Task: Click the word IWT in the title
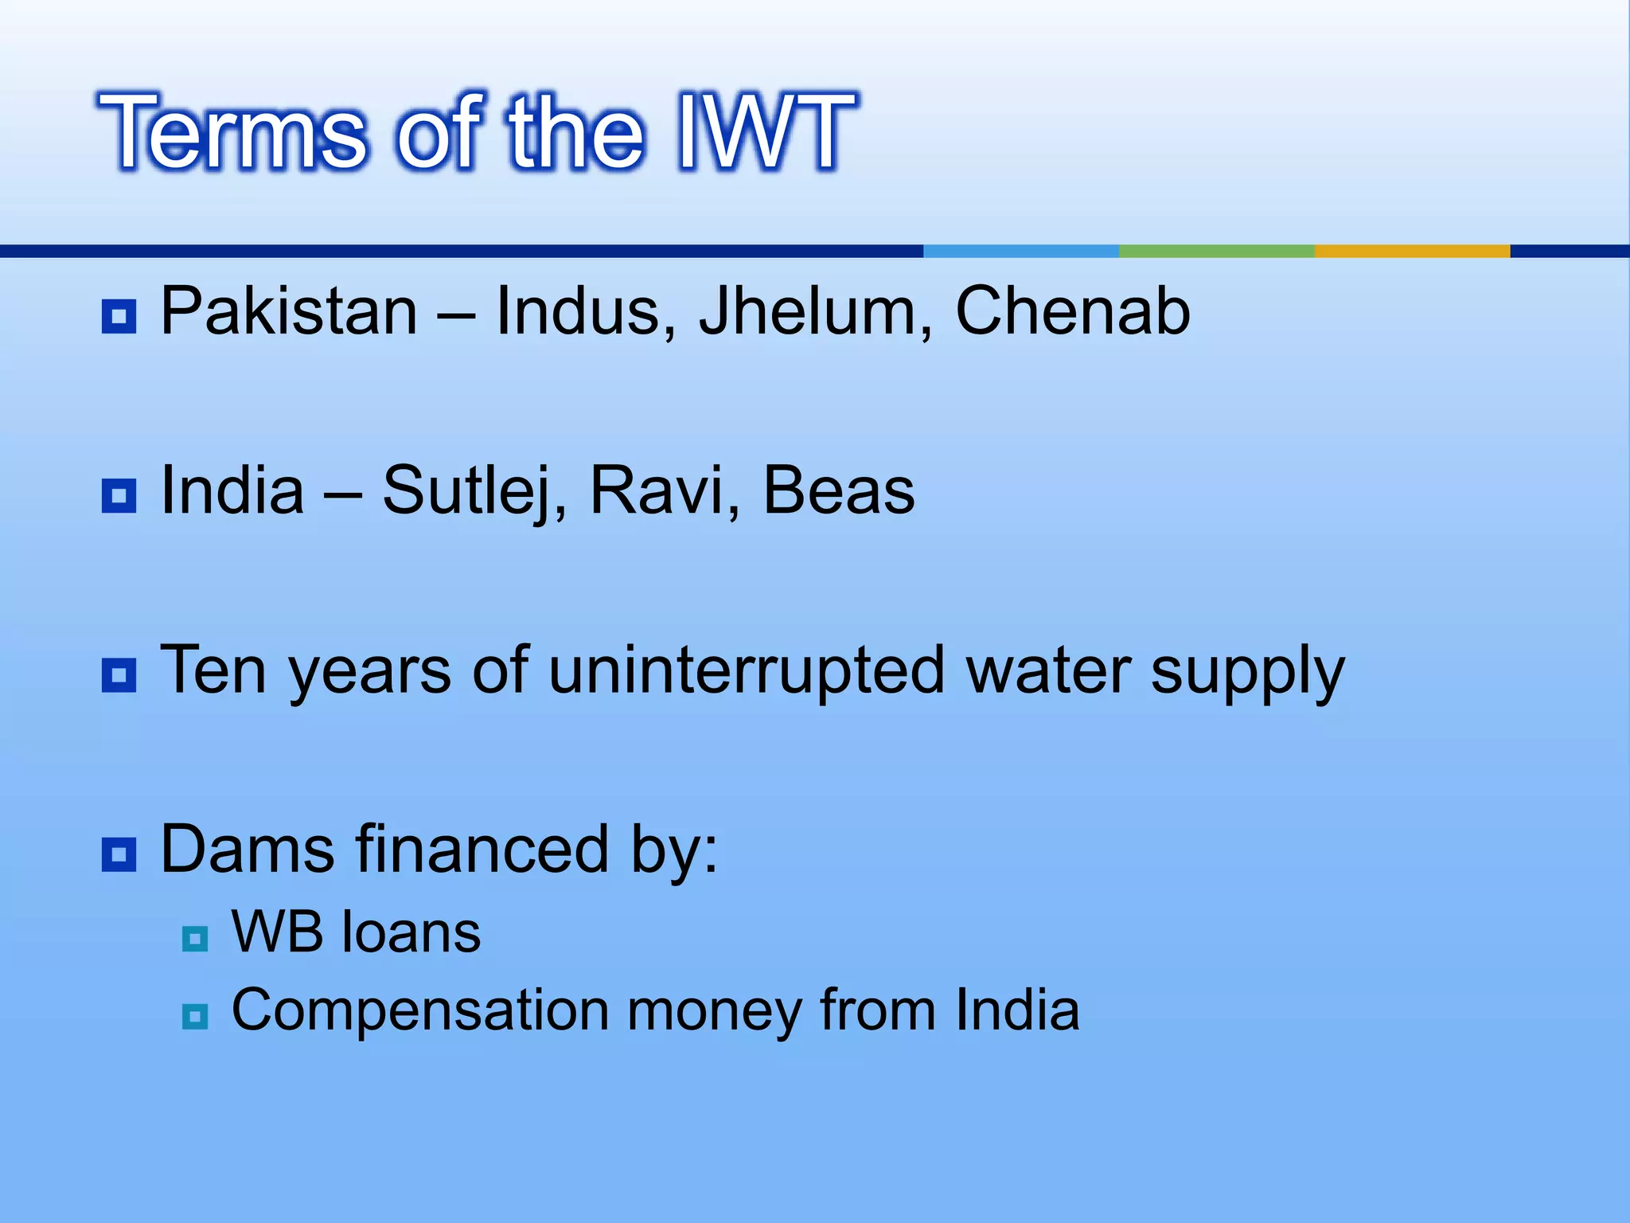[x=766, y=132]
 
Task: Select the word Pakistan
[x=288, y=311]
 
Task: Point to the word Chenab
[x=1072, y=311]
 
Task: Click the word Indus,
[x=586, y=311]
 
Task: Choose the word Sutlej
[x=474, y=491]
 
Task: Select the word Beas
[x=839, y=491]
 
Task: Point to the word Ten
[x=213, y=671]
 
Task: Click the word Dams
[x=247, y=850]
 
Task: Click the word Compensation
[x=420, y=1011]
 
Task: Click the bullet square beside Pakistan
[x=119, y=317]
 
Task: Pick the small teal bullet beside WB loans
[x=195, y=939]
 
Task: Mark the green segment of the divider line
[x=1215, y=251]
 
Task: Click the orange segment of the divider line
[x=1411, y=251]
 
